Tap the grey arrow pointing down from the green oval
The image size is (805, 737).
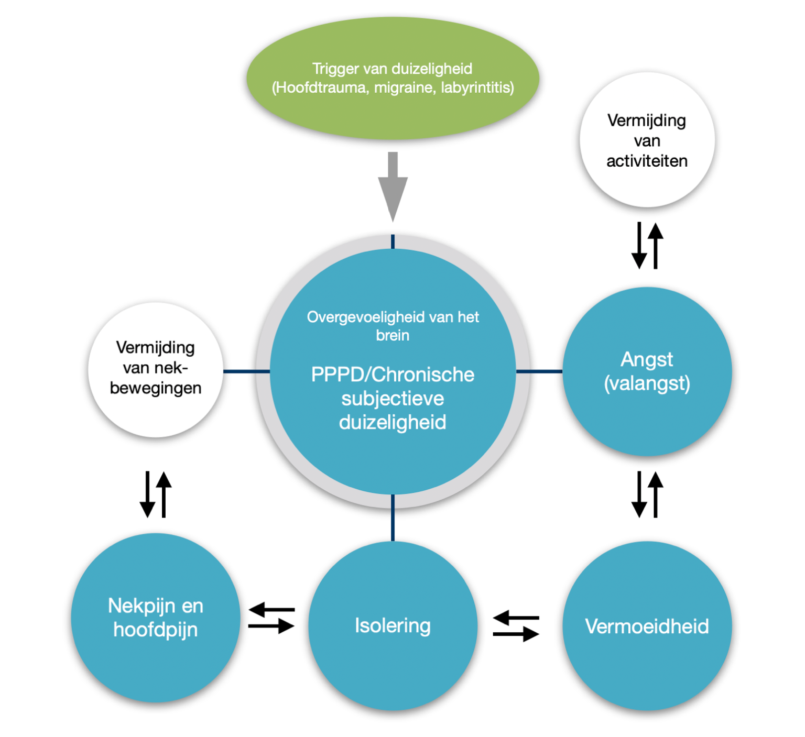(393, 186)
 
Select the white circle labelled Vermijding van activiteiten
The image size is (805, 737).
(647, 140)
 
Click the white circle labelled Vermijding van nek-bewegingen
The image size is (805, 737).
(156, 369)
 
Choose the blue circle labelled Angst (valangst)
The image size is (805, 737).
(647, 371)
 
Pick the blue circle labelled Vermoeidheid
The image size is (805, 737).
(647, 626)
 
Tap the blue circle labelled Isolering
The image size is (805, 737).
(393, 626)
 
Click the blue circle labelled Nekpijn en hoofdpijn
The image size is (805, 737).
(156, 618)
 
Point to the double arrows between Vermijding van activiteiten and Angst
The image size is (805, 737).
(647, 246)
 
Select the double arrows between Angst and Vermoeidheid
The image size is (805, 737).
(647, 494)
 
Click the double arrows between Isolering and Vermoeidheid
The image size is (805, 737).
(516, 626)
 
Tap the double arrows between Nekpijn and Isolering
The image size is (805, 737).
(271, 618)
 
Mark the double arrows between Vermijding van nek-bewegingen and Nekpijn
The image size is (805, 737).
(156, 494)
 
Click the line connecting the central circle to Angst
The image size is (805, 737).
(539, 371)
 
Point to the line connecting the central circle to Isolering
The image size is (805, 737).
(393, 518)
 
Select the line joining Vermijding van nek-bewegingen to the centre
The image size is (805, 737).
(246, 371)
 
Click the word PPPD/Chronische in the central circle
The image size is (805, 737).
(393, 375)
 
